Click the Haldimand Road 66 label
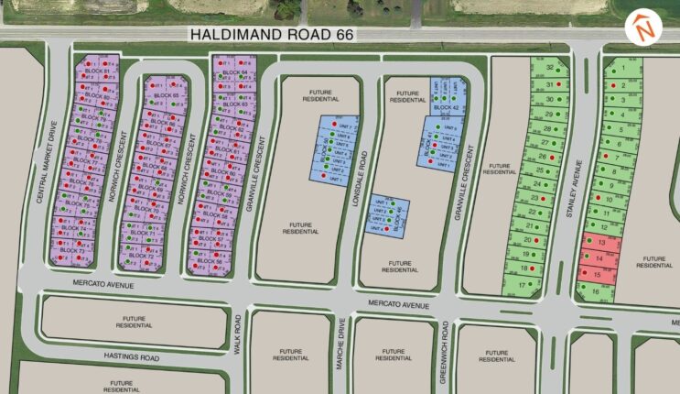271,34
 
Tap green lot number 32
550,68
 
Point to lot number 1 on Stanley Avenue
624,68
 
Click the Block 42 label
448,107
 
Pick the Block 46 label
397,215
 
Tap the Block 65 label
165,95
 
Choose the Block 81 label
95,71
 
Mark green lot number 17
523,285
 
